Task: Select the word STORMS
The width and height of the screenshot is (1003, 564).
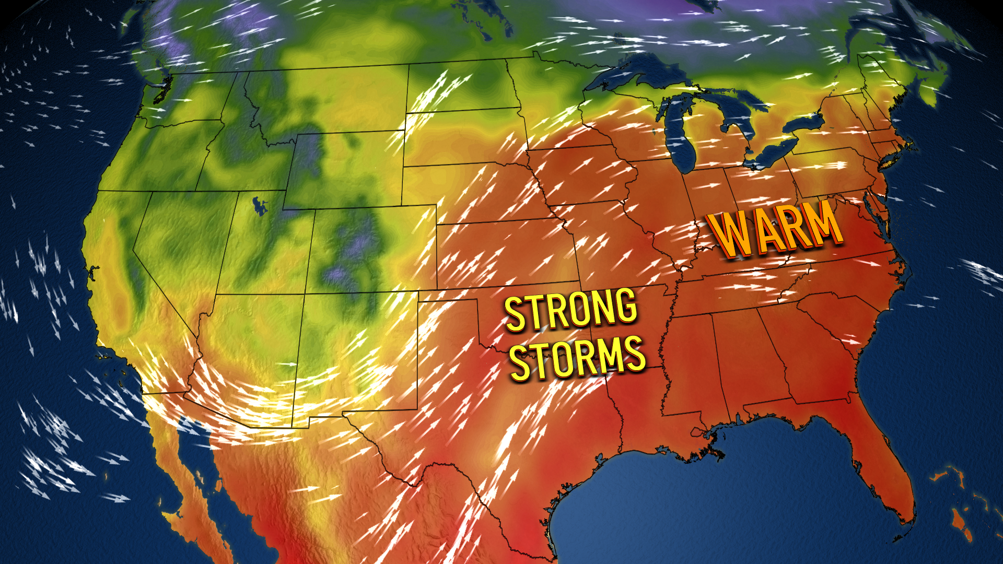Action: [x=577, y=358]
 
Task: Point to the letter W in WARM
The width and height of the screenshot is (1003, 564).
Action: [x=729, y=235]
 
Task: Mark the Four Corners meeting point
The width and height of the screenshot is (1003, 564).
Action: [x=305, y=294]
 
